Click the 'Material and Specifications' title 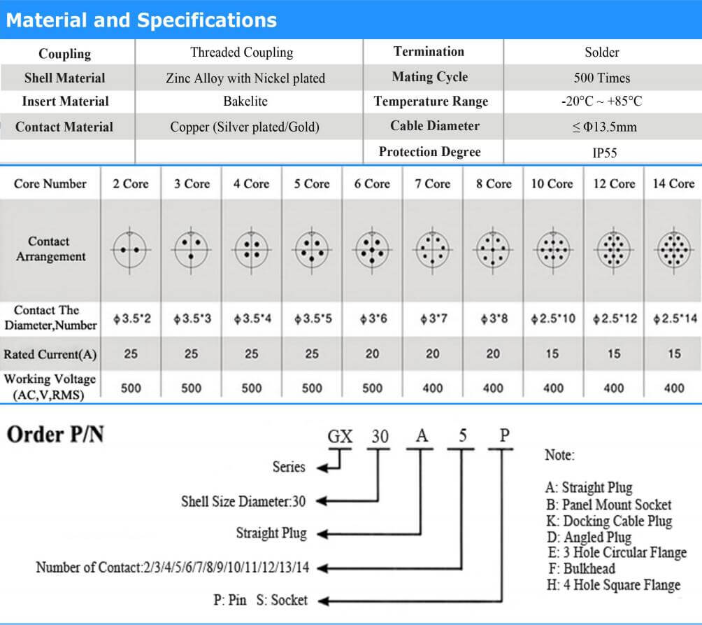(x=141, y=20)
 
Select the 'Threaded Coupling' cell (x=241, y=52)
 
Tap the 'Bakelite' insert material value (x=245, y=101)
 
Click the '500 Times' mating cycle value (x=601, y=78)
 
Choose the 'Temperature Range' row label (x=431, y=101)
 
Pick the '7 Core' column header (x=433, y=184)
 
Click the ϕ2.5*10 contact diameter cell (x=552, y=319)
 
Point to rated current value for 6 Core (x=372, y=354)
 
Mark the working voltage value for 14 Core (x=673, y=388)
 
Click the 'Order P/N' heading (x=55, y=435)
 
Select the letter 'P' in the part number (x=504, y=435)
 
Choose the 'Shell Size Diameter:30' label (x=243, y=501)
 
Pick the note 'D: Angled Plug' (x=589, y=538)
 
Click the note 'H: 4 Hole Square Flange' (x=613, y=584)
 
